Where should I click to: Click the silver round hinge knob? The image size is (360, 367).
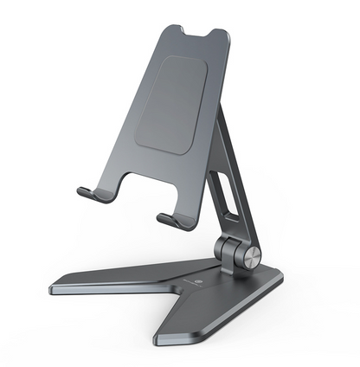click(251, 255)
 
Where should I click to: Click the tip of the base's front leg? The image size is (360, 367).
click(164, 340)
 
